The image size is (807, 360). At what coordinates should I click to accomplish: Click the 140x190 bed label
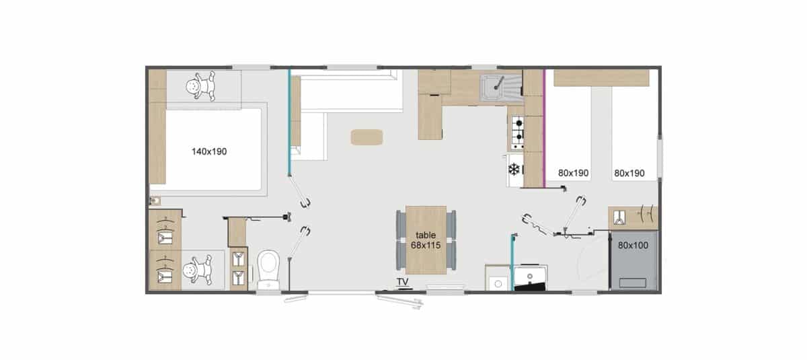click(209, 151)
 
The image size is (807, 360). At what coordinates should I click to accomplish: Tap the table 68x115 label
click(426, 240)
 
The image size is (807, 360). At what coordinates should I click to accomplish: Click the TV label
click(402, 281)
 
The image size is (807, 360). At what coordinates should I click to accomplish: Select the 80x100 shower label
click(633, 246)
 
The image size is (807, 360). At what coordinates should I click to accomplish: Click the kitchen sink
click(501, 88)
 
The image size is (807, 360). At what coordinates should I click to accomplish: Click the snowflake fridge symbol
click(514, 170)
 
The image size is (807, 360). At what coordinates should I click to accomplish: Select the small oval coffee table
click(367, 137)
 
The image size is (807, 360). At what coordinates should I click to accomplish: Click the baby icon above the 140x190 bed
click(200, 85)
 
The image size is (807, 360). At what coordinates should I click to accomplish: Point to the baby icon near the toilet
click(198, 270)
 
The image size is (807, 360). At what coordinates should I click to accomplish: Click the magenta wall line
click(544, 129)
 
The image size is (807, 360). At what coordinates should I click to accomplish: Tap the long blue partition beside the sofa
click(289, 122)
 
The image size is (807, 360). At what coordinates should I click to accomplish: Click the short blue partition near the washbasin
click(512, 262)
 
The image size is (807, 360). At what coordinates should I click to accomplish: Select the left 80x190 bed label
click(573, 174)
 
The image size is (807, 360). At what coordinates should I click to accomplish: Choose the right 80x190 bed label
click(629, 174)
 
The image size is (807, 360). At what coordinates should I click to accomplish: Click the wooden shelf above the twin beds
click(601, 78)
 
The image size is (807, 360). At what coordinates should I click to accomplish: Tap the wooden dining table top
click(426, 240)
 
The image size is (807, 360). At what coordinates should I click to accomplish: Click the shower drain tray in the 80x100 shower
click(632, 283)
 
